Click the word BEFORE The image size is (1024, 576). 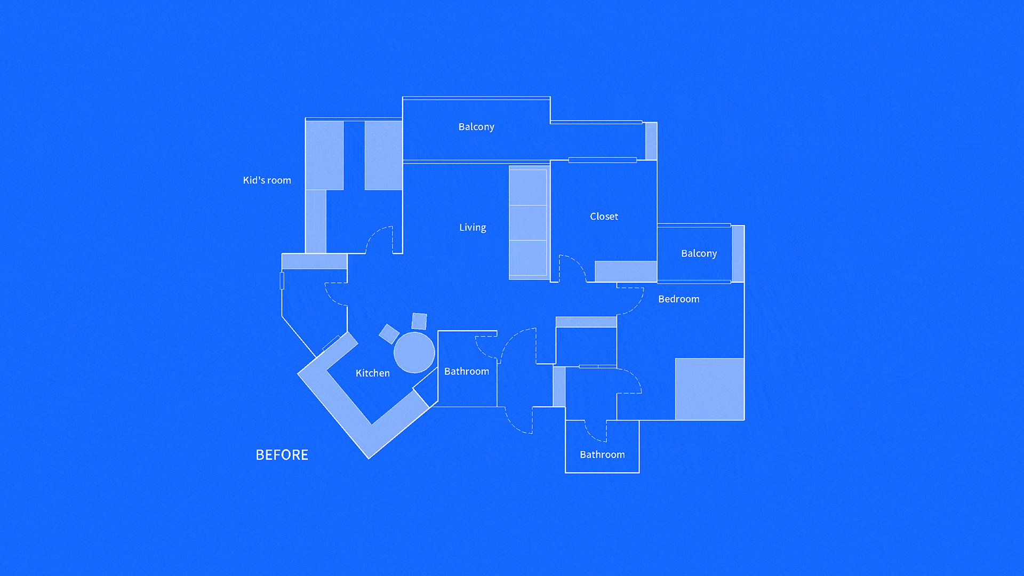click(x=282, y=455)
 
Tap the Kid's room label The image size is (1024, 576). click(x=267, y=180)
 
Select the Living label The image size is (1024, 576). click(x=473, y=227)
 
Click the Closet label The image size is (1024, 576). click(x=604, y=217)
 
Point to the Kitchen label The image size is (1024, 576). click(x=372, y=373)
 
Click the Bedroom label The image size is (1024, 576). click(x=678, y=299)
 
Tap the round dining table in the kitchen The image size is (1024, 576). click(x=414, y=352)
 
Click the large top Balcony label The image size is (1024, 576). click(x=476, y=127)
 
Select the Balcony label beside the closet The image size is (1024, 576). click(x=699, y=253)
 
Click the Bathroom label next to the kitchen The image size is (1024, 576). click(x=467, y=371)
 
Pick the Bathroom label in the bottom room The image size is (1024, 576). click(x=602, y=454)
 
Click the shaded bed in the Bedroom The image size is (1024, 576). click(x=709, y=389)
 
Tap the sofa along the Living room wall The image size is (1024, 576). click(x=528, y=222)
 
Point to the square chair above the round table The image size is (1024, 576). click(x=419, y=321)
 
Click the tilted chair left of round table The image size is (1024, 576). click(x=389, y=334)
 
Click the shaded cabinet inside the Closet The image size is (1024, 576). click(x=626, y=271)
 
